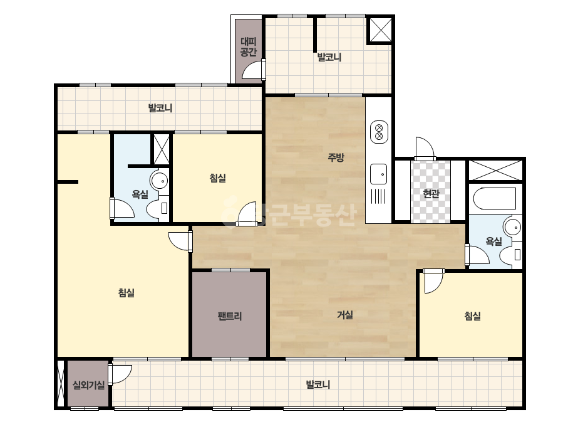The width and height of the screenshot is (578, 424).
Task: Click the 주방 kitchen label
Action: click(x=336, y=157)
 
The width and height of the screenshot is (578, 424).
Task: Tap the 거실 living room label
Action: click(x=345, y=315)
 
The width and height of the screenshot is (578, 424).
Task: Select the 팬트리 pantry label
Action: click(x=230, y=316)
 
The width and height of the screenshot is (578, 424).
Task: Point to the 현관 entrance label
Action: click(x=431, y=194)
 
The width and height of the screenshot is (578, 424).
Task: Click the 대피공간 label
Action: click(x=249, y=46)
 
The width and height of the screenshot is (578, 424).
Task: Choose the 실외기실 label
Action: click(x=88, y=385)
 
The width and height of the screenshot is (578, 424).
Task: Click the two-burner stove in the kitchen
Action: click(x=379, y=132)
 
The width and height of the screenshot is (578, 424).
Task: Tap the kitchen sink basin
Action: click(x=379, y=174)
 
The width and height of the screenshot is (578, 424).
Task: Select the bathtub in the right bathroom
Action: click(x=494, y=198)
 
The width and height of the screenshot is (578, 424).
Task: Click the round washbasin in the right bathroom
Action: click(x=512, y=227)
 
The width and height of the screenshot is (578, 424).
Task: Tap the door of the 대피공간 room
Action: click(x=254, y=70)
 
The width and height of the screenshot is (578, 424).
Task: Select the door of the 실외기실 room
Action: click(x=120, y=374)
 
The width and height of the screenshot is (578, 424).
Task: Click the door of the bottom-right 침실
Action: click(x=433, y=281)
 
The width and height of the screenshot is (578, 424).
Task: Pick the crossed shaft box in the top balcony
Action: click(x=379, y=29)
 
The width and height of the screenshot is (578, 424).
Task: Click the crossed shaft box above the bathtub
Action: click(x=495, y=170)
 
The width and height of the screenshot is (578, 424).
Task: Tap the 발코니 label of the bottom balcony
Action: click(x=317, y=385)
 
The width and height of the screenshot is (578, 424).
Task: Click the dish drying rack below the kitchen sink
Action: click(x=378, y=196)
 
